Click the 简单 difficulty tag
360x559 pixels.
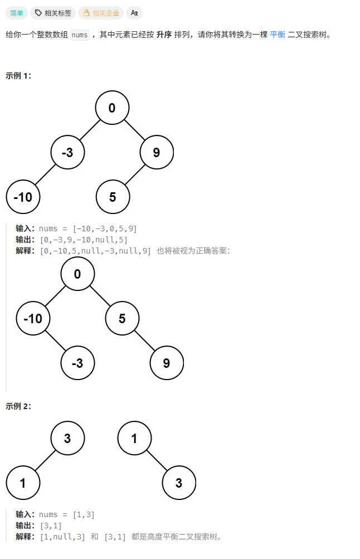click(x=17, y=13)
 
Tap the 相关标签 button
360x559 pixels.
click(x=53, y=13)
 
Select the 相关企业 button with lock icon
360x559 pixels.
click(x=101, y=13)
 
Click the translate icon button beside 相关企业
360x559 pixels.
click(x=134, y=13)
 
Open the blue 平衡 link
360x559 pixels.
click(x=278, y=35)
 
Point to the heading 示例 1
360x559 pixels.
click(x=18, y=76)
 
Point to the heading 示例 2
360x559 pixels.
click(x=18, y=406)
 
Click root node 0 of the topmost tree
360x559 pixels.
click(x=112, y=108)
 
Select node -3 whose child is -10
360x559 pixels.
click(x=67, y=152)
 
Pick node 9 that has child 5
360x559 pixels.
click(x=157, y=152)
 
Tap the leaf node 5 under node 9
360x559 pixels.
click(x=113, y=196)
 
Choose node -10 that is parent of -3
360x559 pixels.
click(x=33, y=318)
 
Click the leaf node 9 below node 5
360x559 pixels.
click(x=167, y=363)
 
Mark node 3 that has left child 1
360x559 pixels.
click(x=67, y=438)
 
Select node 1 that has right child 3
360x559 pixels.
click(x=134, y=438)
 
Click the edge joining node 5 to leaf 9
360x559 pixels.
click(x=144, y=341)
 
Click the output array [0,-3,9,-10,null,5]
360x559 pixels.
click(x=84, y=240)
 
